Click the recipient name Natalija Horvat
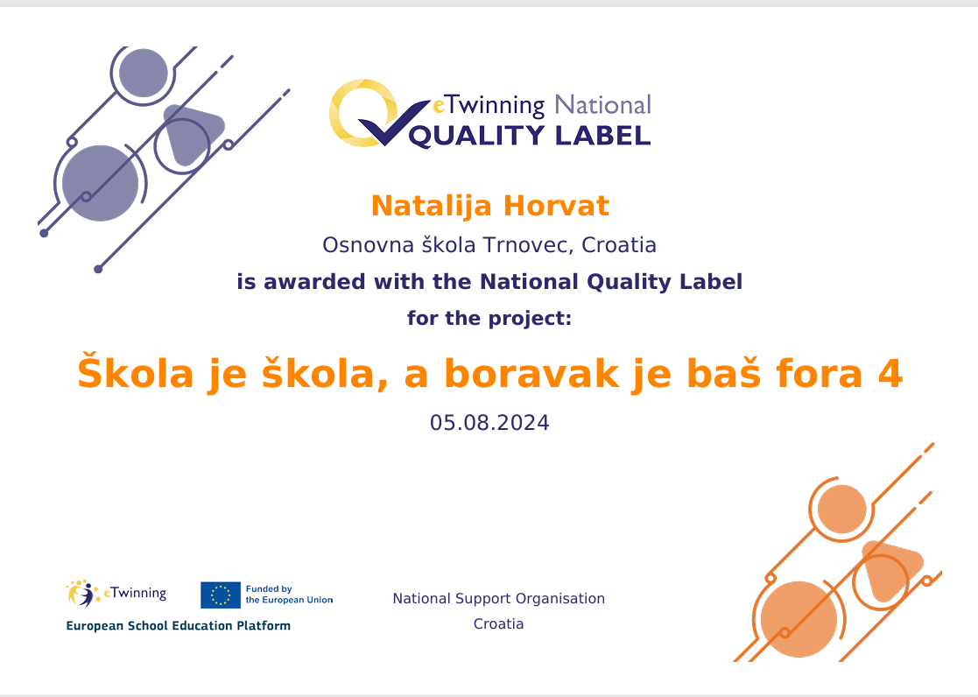click(x=489, y=206)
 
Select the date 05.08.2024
click(x=489, y=423)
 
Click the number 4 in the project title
click(x=890, y=373)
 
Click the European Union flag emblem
click(x=220, y=595)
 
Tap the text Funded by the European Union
click(x=289, y=595)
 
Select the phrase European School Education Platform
click(x=179, y=626)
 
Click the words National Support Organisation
click(x=498, y=598)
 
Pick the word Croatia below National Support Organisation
click(x=498, y=624)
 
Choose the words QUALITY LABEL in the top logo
click(x=530, y=136)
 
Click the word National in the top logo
click(x=602, y=105)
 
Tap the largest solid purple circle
click(x=101, y=184)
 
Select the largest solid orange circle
click(x=799, y=620)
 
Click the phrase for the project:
click(x=489, y=319)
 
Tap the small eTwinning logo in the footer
click(x=116, y=594)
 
